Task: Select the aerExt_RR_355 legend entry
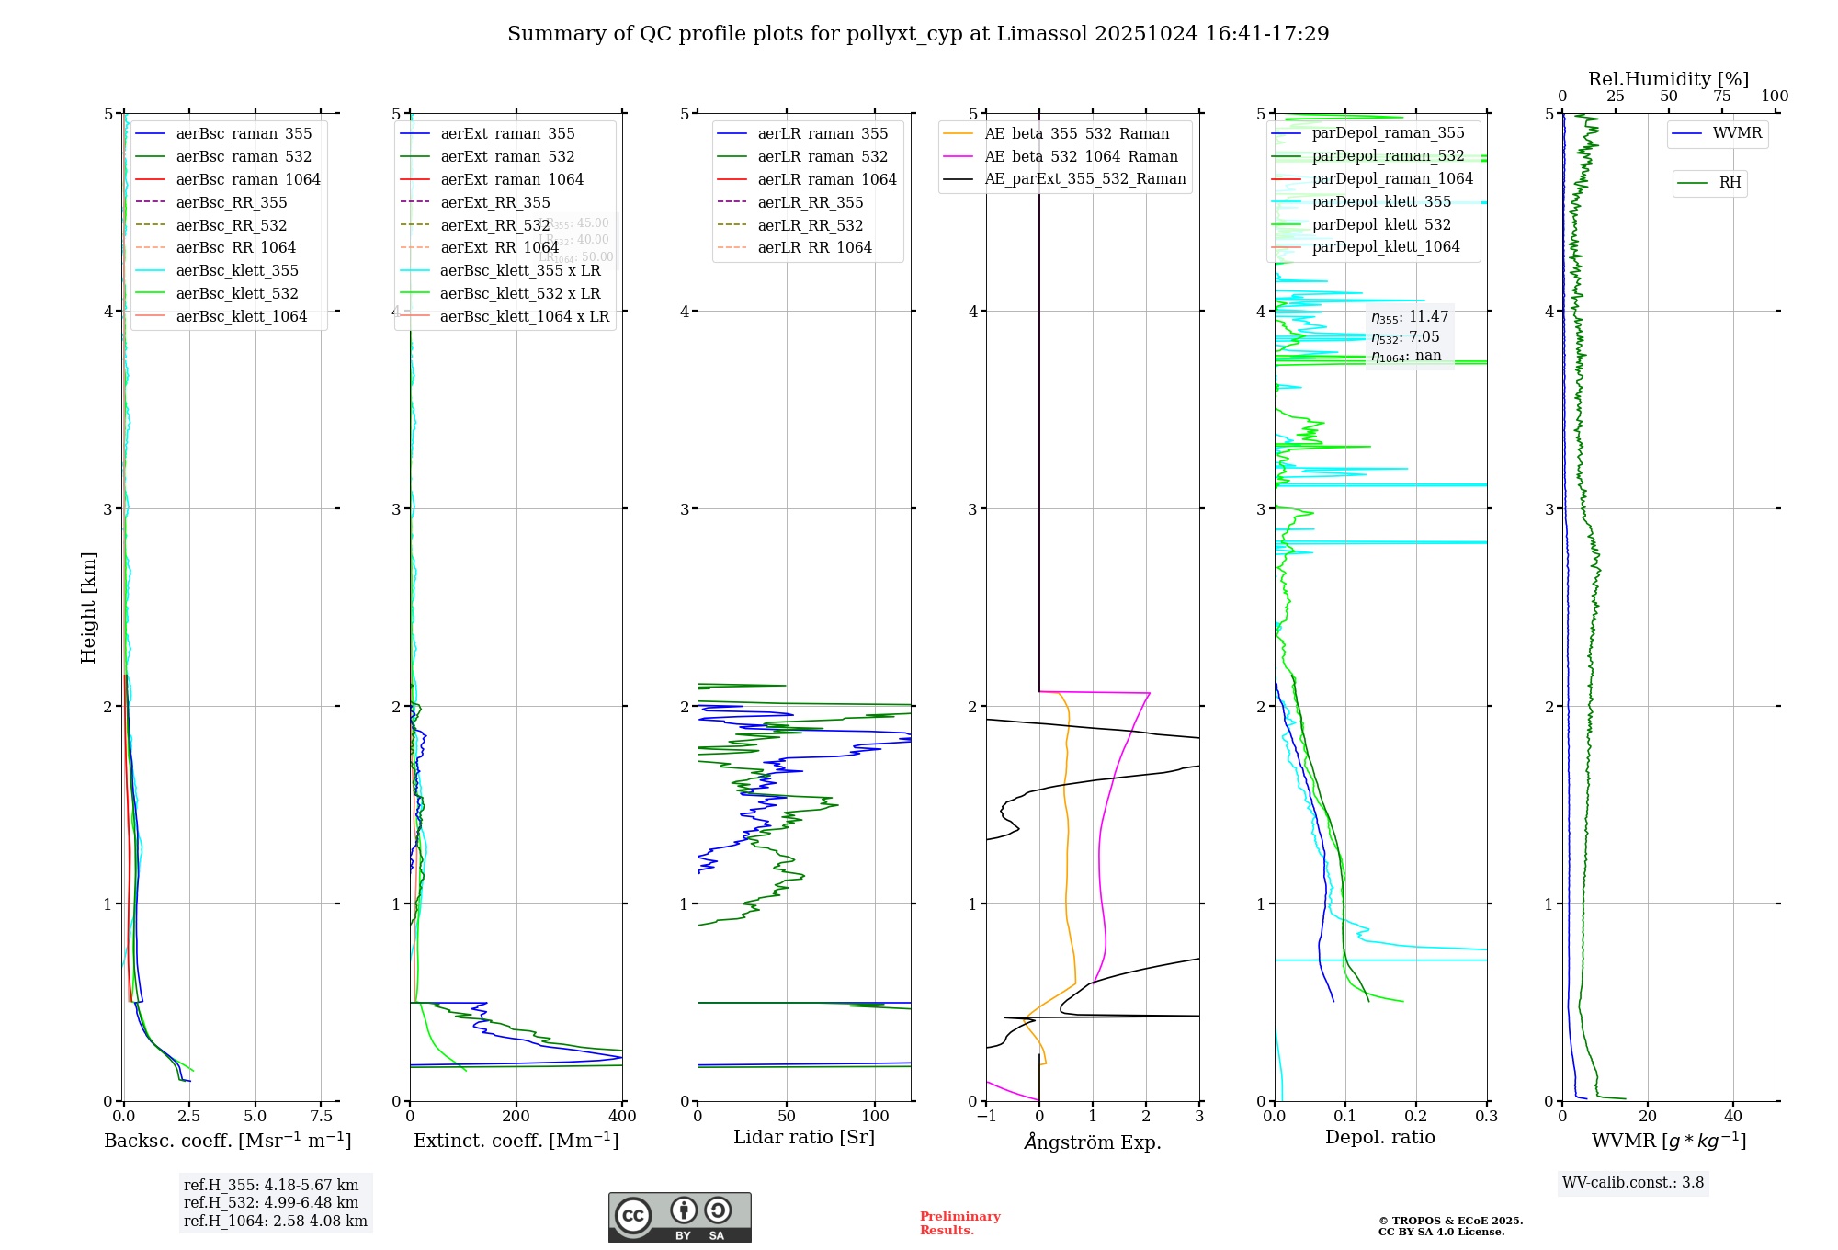point(494,202)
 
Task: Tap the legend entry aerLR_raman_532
point(823,156)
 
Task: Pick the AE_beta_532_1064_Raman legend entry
point(1081,156)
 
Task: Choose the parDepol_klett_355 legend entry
point(1381,201)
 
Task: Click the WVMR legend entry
point(1737,133)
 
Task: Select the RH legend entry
point(1730,183)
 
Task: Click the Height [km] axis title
point(88,608)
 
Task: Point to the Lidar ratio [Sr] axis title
point(804,1137)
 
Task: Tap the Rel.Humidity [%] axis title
point(1668,79)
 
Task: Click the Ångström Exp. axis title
point(1093,1142)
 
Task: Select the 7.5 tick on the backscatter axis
point(322,1117)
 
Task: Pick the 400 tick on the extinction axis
point(623,1117)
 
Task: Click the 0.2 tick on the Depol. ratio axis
point(1416,1117)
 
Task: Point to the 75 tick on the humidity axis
point(1722,97)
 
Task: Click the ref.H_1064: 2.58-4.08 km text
point(275,1222)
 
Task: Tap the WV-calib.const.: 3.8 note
point(1633,1183)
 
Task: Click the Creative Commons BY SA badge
point(679,1217)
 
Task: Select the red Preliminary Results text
point(959,1223)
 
